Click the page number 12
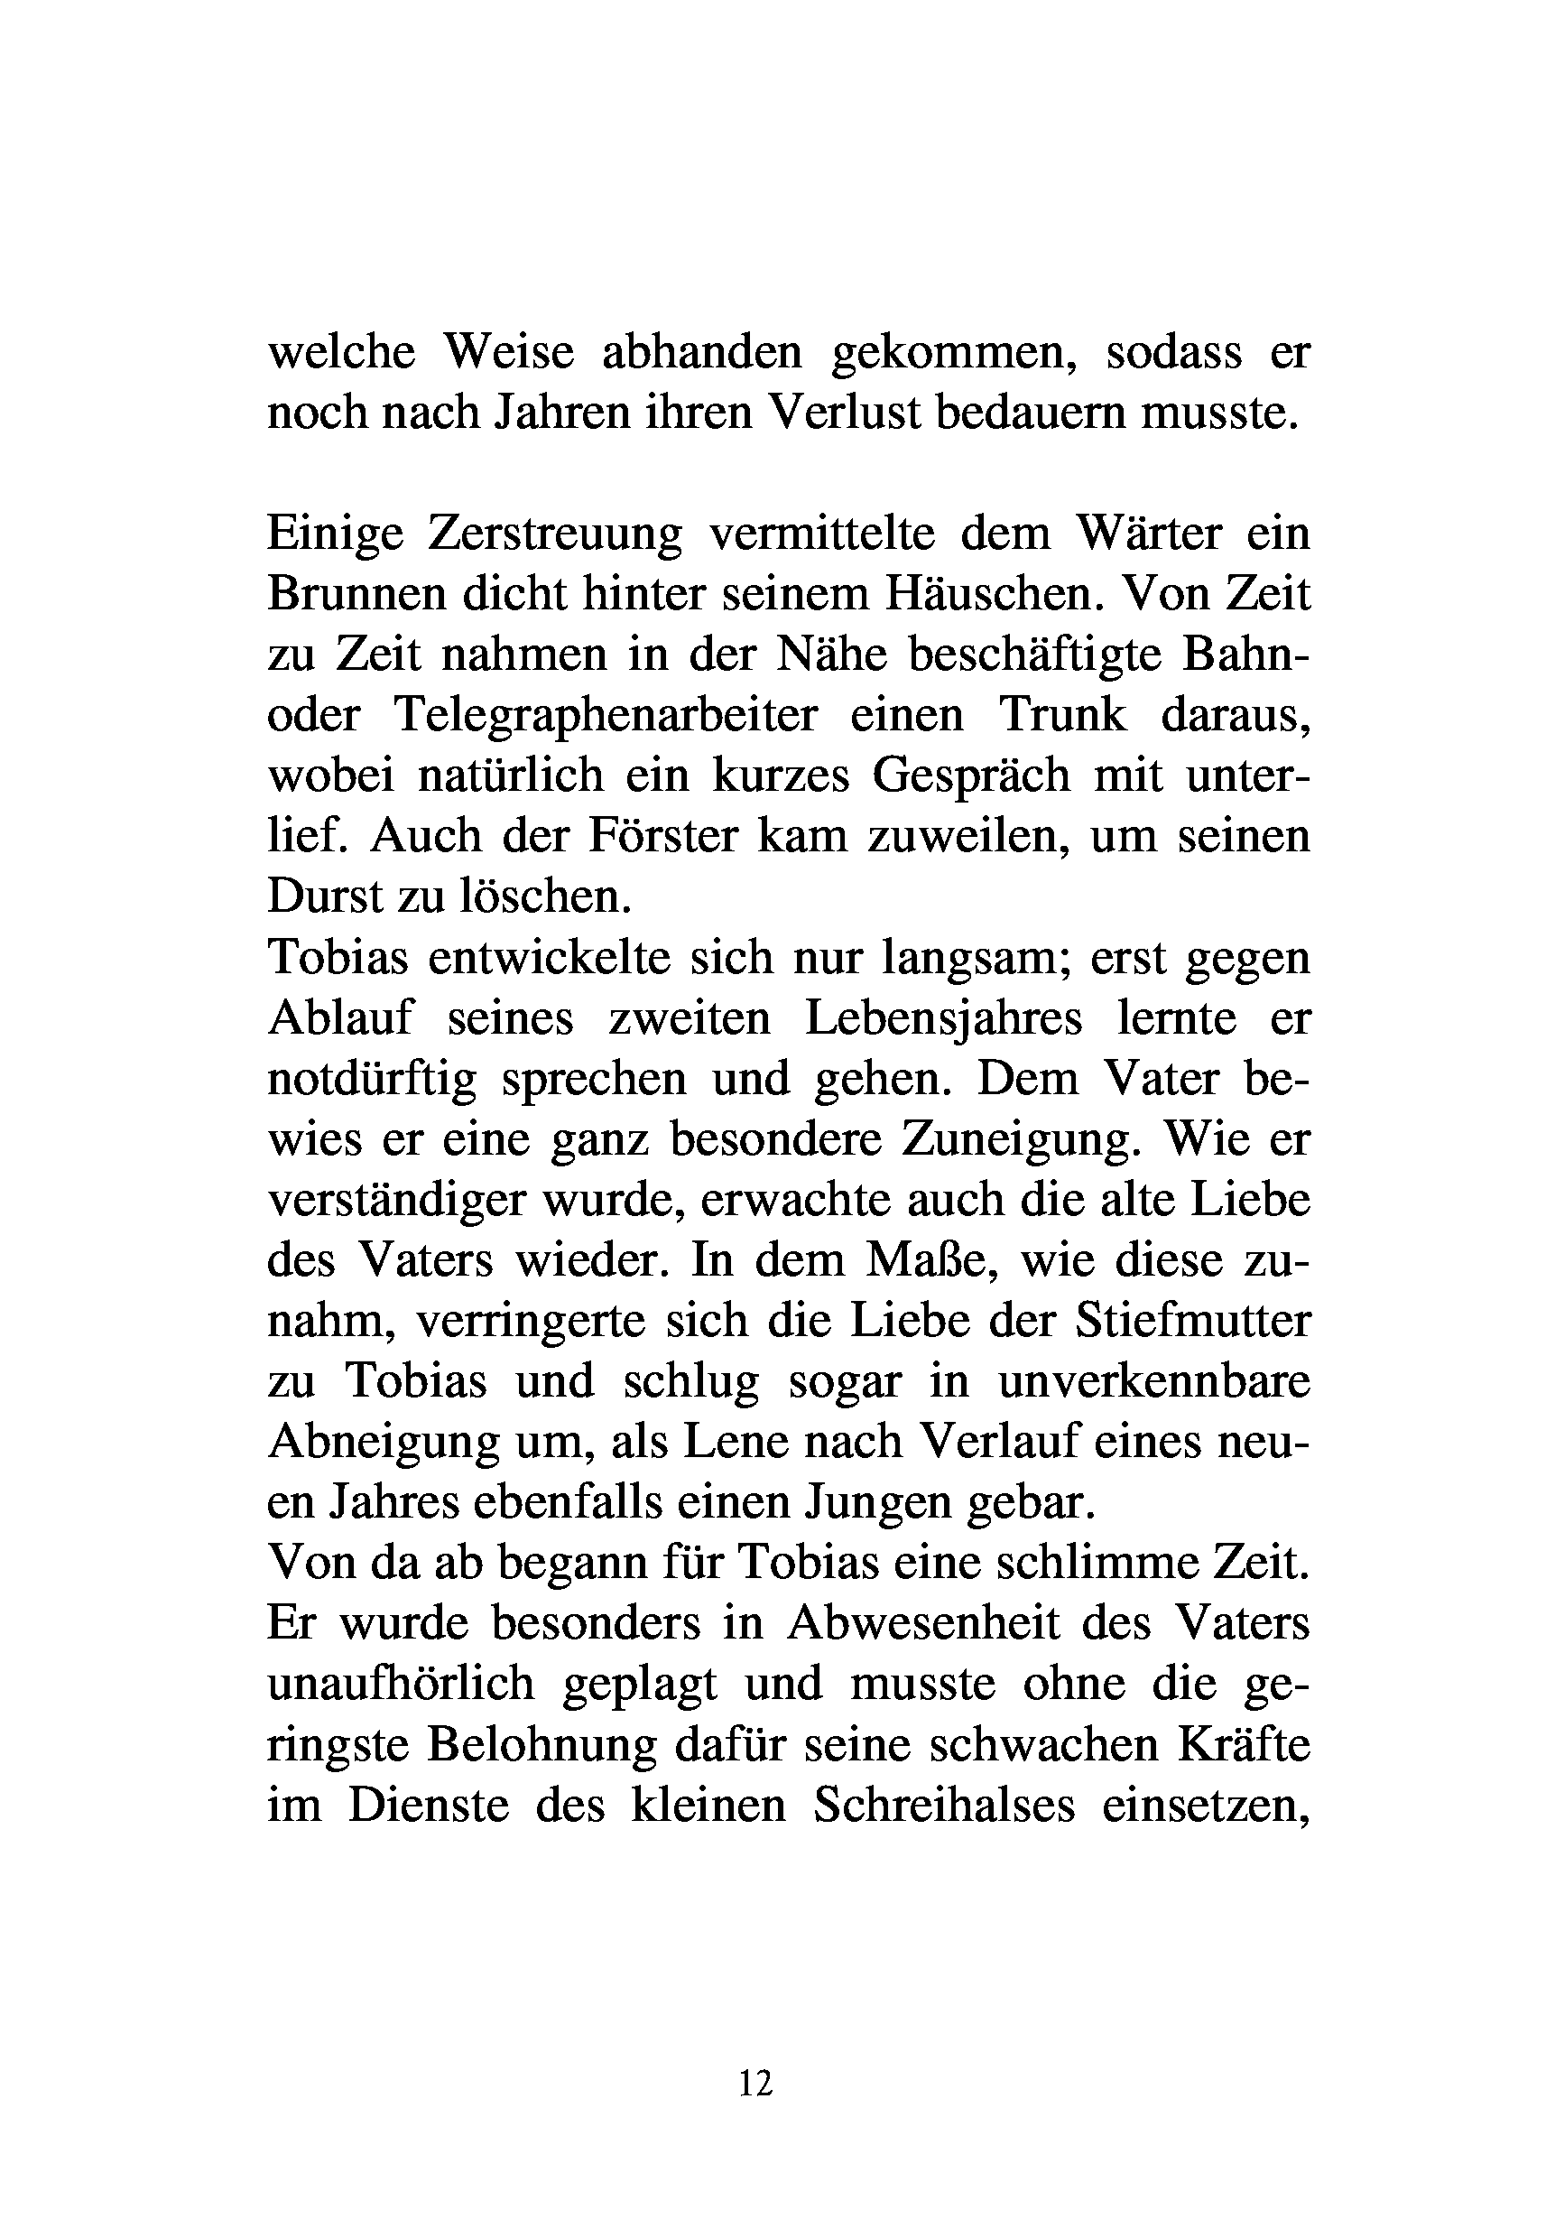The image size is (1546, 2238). [x=755, y=2081]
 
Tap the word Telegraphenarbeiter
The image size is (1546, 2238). [x=606, y=716]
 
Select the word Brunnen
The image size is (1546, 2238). [x=352, y=594]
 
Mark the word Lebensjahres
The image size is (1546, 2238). [x=943, y=1018]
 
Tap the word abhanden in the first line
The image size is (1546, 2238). [x=702, y=353]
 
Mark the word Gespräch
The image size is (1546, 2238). [x=970, y=776]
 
